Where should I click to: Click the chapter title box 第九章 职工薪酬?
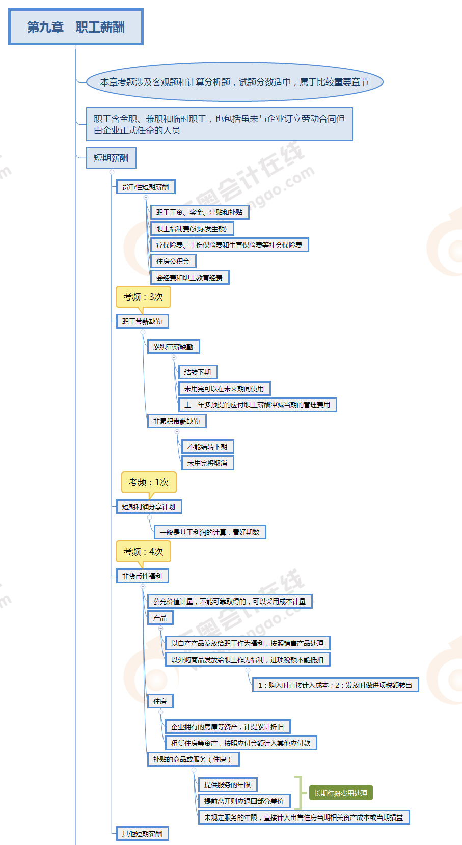76,27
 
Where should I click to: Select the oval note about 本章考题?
234,82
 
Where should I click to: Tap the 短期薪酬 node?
111,158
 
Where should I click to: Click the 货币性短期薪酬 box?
146,187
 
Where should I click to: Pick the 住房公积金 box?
173,261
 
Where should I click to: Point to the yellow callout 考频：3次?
143,297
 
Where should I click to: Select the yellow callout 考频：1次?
149,482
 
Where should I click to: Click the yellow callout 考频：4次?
143,552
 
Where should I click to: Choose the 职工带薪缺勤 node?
142,321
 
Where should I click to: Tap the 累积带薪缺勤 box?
173,347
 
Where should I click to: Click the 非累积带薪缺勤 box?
177,421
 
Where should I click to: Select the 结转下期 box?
198,372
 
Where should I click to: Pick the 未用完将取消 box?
207,463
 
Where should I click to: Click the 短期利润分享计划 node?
149,507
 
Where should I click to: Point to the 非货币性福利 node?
142,576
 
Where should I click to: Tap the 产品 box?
160,618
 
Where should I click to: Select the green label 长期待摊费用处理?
341,793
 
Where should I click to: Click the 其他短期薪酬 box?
142,834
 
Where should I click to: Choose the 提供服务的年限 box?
228,785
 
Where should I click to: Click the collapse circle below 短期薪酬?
112,172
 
